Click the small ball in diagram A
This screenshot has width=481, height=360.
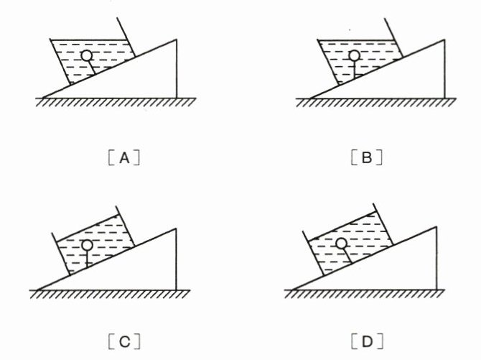pyautogui.click(x=87, y=55)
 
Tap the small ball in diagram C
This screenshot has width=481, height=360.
pyautogui.click(x=87, y=245)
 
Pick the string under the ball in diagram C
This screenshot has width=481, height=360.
pyautogui.click(x=87, y=259)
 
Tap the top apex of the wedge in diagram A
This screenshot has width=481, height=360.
pyautogui.click(x=177, y=40)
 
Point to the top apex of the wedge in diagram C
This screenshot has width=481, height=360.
pyautogui.click(x=177, y=229)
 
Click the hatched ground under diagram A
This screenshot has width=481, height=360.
pyautogui.click(x=108, y=101)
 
